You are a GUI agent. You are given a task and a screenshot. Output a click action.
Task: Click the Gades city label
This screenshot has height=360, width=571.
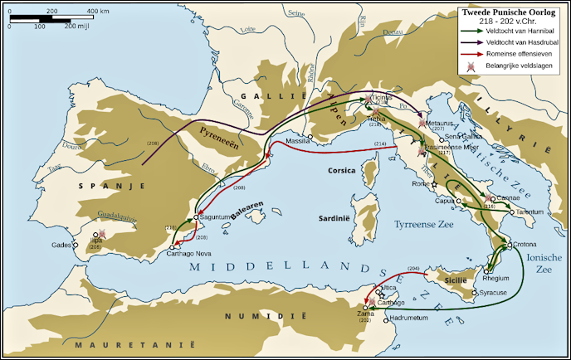click(61, 245)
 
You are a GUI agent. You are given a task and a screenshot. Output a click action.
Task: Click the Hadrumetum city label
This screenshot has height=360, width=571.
click(409, 318)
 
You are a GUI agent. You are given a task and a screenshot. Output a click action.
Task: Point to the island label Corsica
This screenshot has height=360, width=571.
click(341, 170)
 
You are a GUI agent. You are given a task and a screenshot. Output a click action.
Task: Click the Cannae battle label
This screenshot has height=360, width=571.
click(508, 198)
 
